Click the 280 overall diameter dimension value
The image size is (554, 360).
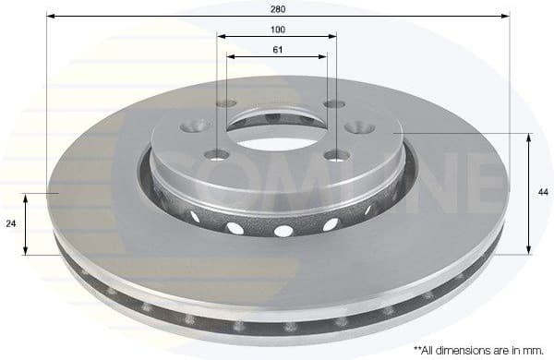[x=278, y=8]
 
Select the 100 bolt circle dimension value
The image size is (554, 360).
[x=277, y=30]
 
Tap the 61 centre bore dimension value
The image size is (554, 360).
[x=277, y=48]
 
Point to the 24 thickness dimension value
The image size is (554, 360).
[x=10, y=223]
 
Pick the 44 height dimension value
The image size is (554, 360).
[x=541, y=192]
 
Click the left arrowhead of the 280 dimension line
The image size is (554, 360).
[x=50, y=16]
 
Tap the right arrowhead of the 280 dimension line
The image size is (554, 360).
[x=506, y=16]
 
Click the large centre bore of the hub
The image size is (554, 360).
[x=277, y=129]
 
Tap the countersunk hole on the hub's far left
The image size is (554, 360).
[x=196, y=126]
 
